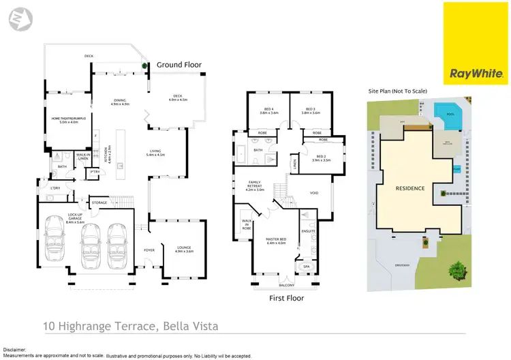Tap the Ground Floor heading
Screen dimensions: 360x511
pyautogui.click(x=179, y=65)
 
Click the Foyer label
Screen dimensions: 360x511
pyautogui.click(x=149, y=250)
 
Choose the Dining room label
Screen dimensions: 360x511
pyautogui.click(x=120, y=102)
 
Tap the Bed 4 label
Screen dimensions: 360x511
pyautogui.click(x=269, y=110)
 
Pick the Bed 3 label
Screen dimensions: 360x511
pyautogui.click(x=311, y=110)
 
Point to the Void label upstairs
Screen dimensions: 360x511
pyautogui.click(x=314, y=193)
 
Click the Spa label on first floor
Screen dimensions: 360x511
pyautogui.click(x=307, y=266)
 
